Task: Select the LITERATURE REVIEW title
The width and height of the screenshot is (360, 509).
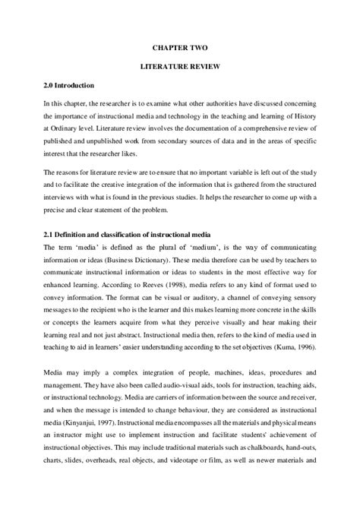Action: pyautogui.click(x=179, y=67)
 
